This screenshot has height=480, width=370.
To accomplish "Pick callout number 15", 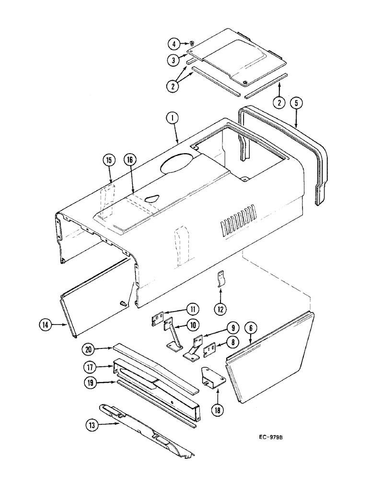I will pos(109,160).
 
